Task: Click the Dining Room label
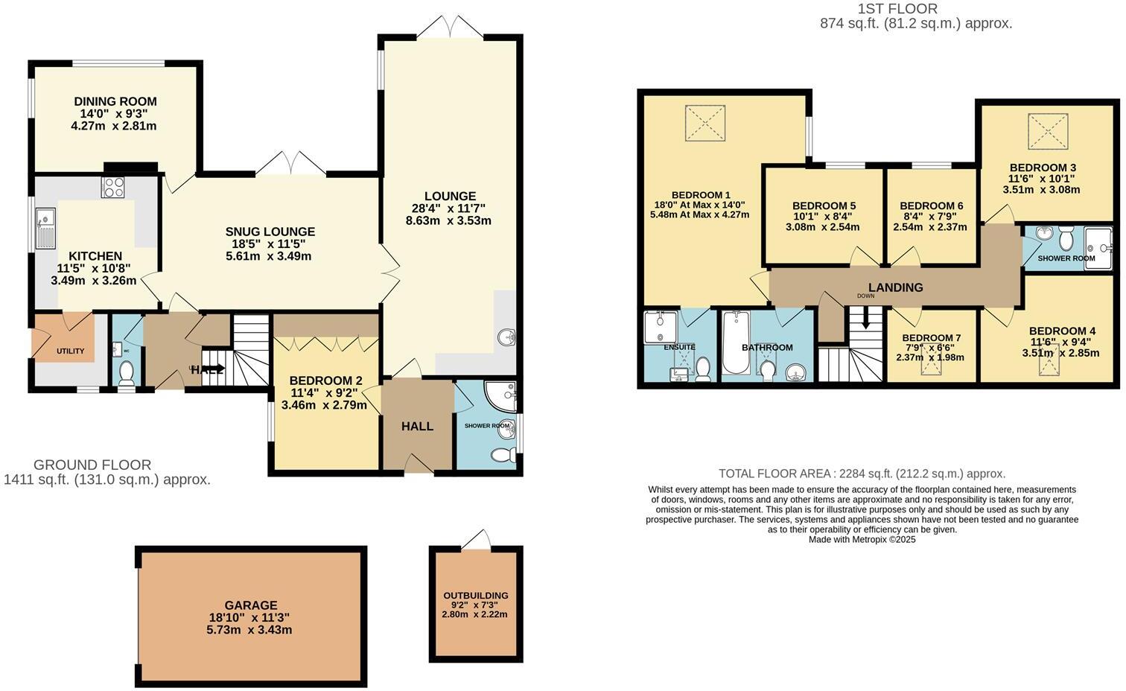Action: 115,102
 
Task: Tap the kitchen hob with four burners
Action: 113,187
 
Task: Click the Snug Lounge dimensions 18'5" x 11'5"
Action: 270,243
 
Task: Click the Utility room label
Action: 71,351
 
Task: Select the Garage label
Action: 250,605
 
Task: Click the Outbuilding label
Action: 475,595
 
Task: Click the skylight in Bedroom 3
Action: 1048,132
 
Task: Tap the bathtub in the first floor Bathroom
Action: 736,343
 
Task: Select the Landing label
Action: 895,287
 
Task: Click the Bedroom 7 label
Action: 926,337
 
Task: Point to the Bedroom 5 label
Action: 823,206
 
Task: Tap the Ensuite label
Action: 679,347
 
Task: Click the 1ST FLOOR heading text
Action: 897,9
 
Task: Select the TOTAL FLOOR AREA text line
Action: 862,474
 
